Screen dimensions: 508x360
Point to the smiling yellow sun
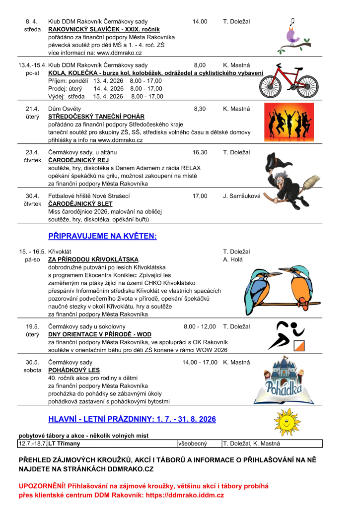point(288,421)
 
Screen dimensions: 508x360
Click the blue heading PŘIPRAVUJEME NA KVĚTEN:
point(102,236)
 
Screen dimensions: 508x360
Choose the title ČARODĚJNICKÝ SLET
point(80,204)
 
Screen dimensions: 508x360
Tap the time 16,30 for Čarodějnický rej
point(200,152)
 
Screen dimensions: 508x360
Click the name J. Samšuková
point(242,196)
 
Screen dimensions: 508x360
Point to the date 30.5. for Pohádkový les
point(32,362)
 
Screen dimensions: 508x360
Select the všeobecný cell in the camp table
point(193,444)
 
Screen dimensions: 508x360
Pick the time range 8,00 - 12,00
point(200,326)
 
